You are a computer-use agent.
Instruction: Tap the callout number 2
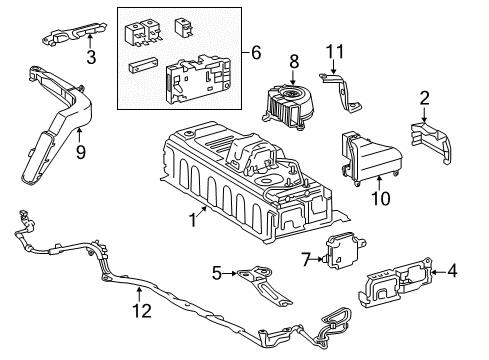(424, 98)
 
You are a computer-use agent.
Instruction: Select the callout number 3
(90, 58)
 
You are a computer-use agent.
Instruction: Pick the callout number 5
(217, 273)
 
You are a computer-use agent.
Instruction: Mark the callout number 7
(307, 259)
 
